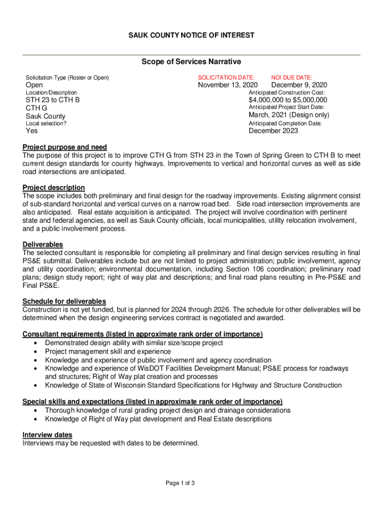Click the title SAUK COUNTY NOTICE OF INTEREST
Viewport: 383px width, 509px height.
[191, 35]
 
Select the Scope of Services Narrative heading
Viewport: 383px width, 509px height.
[191, 62]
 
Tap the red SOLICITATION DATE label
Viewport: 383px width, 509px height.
[226, 78]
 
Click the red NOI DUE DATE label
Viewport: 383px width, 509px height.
[291, 78]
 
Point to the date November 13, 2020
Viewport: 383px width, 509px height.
[228, 85]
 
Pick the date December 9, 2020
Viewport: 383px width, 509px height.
[299, 85]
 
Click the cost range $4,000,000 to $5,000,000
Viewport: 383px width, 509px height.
[288, 100]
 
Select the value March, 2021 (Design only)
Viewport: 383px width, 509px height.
[289, 115]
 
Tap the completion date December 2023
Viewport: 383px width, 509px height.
[274, 131]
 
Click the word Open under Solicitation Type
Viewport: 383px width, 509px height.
[34, 85]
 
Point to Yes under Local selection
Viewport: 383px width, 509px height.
[32, 131]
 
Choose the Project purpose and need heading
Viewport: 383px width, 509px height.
[65, 147]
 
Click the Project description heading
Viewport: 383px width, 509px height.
[54, 187]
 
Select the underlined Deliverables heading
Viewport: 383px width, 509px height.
[43, 245]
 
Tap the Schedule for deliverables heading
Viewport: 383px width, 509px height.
[64, 301]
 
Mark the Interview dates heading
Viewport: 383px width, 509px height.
[47, 435]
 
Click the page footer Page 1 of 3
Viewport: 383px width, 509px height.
[180, 483]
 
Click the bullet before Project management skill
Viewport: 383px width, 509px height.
[34, 352]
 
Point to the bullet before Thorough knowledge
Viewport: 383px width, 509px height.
[34, 411]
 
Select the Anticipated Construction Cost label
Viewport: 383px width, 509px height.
[287, 93]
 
